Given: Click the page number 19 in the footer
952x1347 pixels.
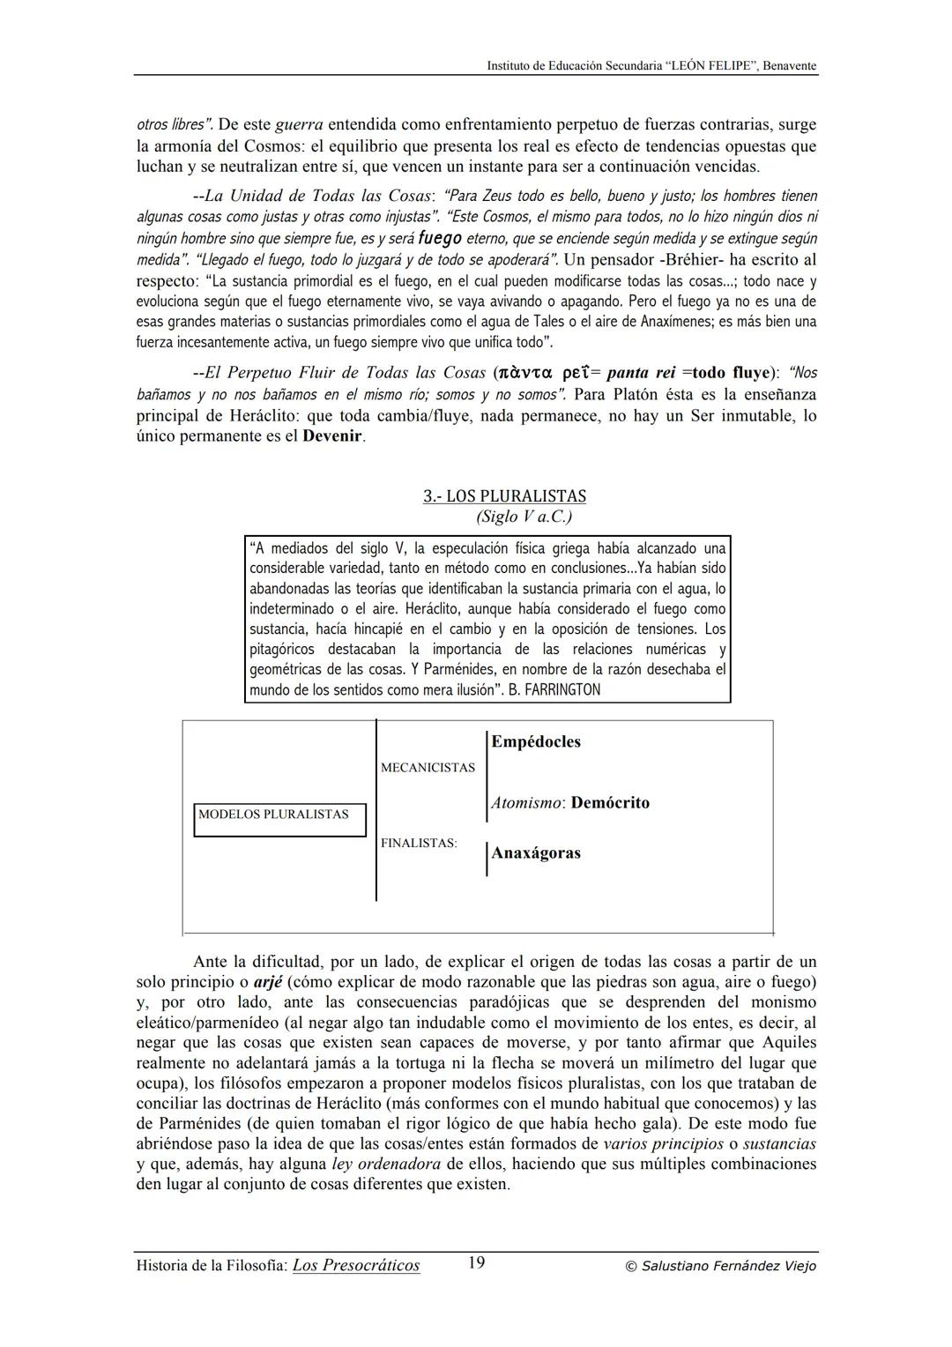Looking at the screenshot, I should (x=476, y=1262).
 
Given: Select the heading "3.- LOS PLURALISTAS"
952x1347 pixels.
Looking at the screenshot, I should (x=504, y=496).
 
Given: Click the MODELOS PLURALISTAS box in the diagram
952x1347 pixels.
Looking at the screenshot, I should (x=279, y=815).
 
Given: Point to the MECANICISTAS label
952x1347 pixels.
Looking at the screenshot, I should (x=428, y=768).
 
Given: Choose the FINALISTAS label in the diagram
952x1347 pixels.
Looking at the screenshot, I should (x=419, y=844).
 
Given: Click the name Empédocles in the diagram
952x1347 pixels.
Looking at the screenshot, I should (x=536, y=742).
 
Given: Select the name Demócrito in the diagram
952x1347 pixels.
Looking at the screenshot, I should (x=610, y=803).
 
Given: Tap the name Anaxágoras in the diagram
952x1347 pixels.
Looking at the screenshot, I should (x=536, y=853).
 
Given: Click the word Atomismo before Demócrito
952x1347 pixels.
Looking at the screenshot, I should (x=526, y=803).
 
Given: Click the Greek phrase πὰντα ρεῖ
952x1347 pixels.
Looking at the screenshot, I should (x=543, y=373).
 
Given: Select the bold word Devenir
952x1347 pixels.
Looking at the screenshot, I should (x=332, y=436).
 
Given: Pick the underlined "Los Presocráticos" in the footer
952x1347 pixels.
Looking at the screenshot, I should (x=356, y=1266).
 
